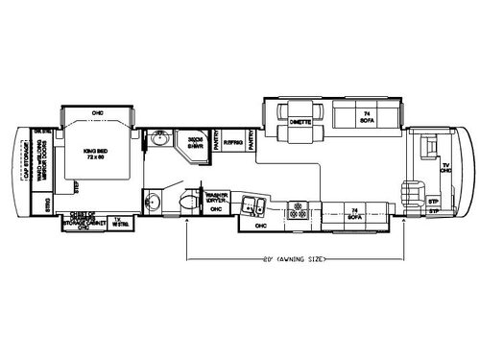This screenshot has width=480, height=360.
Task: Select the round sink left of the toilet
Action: pos(152,203)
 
